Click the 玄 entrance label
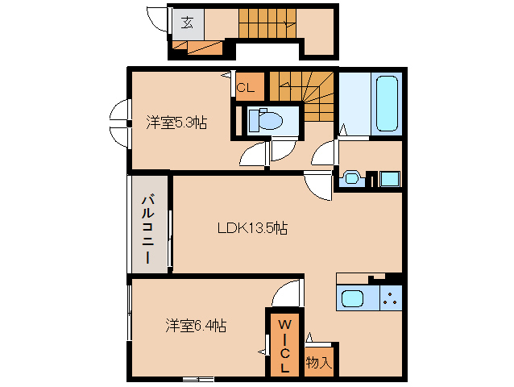186,22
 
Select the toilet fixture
267,120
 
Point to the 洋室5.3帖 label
176,123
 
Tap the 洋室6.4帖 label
196,326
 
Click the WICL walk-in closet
284,343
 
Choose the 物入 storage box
319,362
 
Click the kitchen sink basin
354,299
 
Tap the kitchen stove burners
392,299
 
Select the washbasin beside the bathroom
351,178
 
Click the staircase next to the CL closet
301,95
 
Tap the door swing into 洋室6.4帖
287,292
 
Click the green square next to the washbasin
388,178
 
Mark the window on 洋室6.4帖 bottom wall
197,378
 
